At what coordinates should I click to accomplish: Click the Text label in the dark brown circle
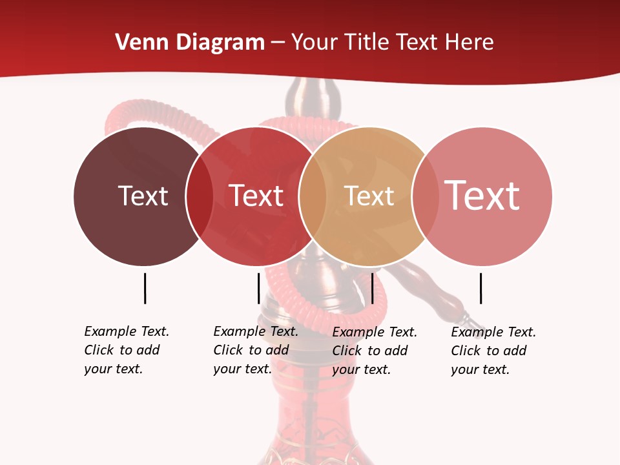pos(143,196)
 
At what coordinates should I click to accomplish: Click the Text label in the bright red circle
pos(256,196)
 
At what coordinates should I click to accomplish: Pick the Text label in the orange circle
pos(369,196)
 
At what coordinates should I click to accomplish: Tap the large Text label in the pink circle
pos(482,195)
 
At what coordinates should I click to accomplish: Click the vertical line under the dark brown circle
pos(145,288)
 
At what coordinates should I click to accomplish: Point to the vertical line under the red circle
pos(258,288)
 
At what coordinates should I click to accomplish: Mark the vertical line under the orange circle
pos(373,288)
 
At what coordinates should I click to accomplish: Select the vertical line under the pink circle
pos(480,288)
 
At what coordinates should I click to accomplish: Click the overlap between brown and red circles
pos(200,196)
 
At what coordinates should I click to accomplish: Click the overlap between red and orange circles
pos(313,196)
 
